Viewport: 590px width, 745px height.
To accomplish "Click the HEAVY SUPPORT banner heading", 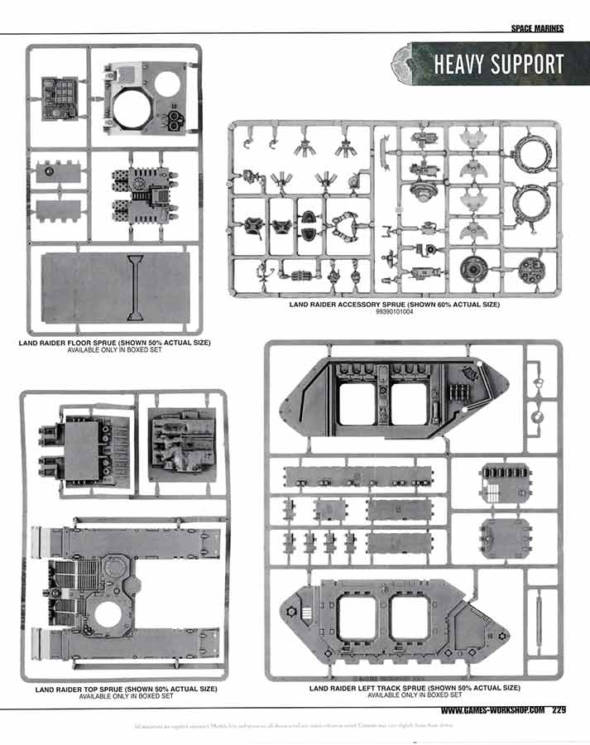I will [498, 65].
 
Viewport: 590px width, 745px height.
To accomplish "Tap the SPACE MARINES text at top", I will [537, 27].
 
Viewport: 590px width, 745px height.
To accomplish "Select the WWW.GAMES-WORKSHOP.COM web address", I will [492, 709].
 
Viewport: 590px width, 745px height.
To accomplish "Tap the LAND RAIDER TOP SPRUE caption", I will [126, 689].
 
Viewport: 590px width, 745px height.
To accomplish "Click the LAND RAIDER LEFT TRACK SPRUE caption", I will [415, 688].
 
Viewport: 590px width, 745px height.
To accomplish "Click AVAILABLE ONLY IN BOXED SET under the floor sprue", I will [114, 350].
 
